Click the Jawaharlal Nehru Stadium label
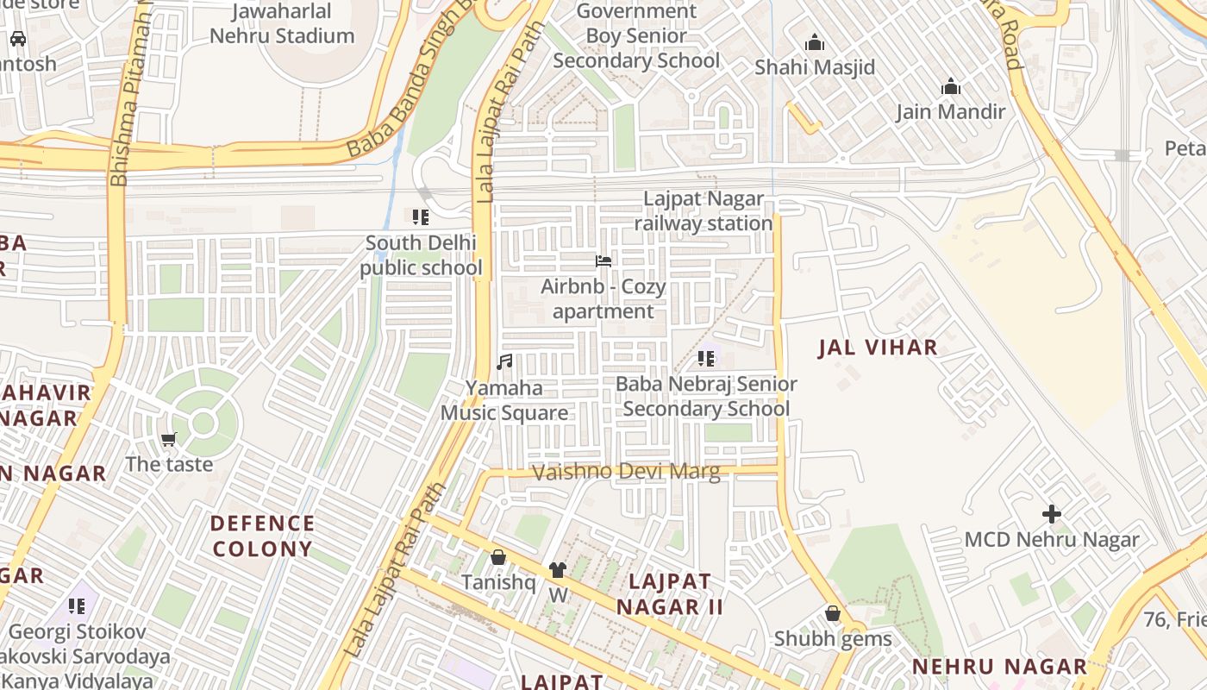(x=282, y=24)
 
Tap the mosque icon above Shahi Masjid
(x=815, y=42)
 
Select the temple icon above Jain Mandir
(x=951, y=87)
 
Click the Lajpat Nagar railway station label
(x=704, y=211)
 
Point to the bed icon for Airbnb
(x=603, y=260)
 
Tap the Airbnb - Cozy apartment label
(x=603, y=299)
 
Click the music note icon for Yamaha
(x=504, y=362)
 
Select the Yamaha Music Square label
(x=504, y=401)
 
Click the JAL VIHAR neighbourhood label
(x=878, y=348)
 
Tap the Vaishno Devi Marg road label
(x=626, y=472)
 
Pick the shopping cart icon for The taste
(x=169, y=439)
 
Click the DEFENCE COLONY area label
(x=263, y=536)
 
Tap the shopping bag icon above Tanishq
(x=497, y=558)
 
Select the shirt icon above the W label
(x=558, y=570)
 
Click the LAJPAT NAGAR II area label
(x=670, y=593)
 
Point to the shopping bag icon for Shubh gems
(x=832, y=613)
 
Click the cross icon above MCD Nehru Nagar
(x=1052, y=514)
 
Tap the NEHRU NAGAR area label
(x=1000, y=667)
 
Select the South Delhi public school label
(x=421, y=255)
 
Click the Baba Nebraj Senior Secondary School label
(x=706, y=396)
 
